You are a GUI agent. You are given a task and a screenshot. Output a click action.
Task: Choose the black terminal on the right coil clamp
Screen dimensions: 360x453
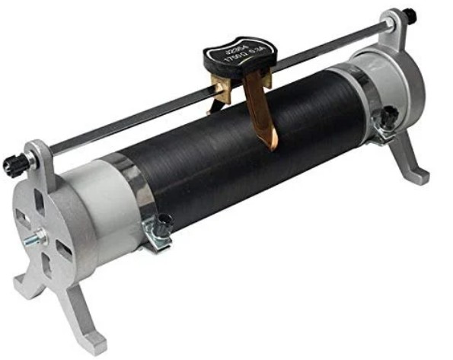(x=389, y=116)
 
